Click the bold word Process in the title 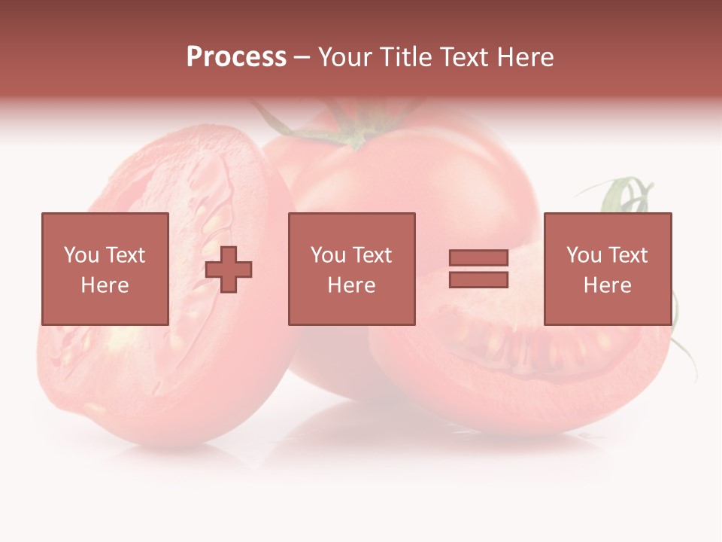point(236,57)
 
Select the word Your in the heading point(345,57)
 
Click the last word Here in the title point(526,57)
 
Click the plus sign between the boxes point(229,269)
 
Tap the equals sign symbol point(478,269)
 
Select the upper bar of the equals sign point(478,258)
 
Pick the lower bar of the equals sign point(478,280)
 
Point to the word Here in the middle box point(351,285)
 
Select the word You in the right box point(584,255)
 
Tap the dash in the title point(302,57)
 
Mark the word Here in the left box point(105,285)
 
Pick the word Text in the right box point(627,255)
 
